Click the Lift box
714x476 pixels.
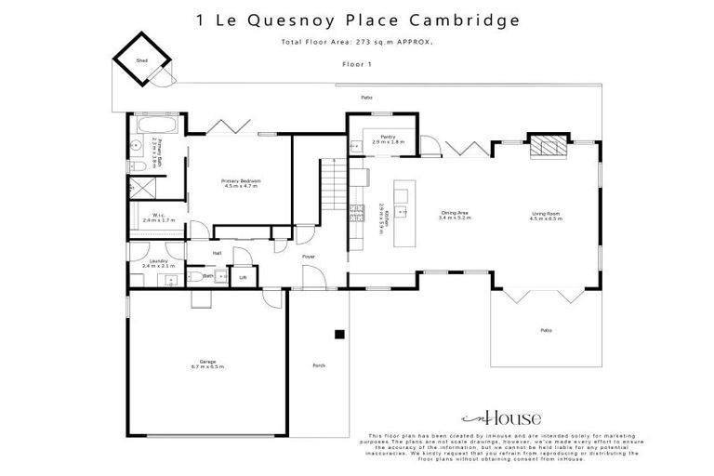[244, 276]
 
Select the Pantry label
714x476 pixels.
[388, 137]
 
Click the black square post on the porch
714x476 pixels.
[340, 333]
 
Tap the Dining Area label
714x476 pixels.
[455, 213]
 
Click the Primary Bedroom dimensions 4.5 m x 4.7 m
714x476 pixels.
[240, 185]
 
